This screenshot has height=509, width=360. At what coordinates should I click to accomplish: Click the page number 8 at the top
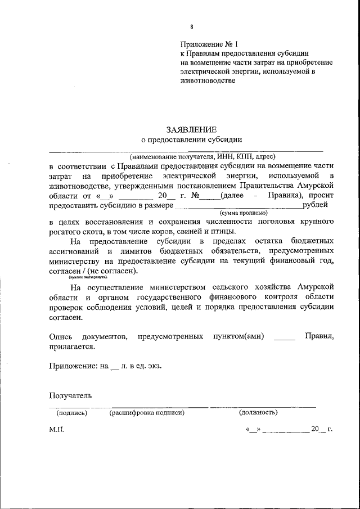tap(192, 26)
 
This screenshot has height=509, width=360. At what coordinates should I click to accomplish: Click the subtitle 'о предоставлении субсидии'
tap(192, 140)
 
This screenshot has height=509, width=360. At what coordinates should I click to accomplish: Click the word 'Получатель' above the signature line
tap(70, 395)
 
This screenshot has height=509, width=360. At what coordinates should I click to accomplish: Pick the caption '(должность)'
tap(258, 412)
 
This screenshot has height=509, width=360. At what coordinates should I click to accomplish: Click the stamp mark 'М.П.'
tap(57, 429)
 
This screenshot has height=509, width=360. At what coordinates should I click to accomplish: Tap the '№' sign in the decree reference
tap(196, 196)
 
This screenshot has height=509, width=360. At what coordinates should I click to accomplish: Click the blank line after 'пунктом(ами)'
tap(283, 337)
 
